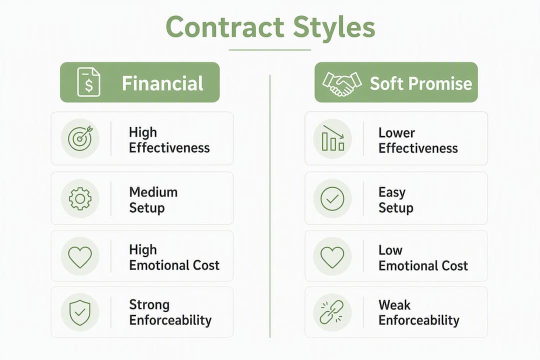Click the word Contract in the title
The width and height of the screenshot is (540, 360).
pos(225,27)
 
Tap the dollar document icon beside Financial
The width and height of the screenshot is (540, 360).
pos(89,82)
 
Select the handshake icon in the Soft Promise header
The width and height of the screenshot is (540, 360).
pos(342,83)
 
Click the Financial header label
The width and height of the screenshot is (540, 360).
pos(162,83)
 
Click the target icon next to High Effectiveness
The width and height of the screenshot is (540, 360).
pos(80,138)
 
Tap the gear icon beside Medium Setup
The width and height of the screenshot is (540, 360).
pos(80,199)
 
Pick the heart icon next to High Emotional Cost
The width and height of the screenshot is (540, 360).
pos(80,257)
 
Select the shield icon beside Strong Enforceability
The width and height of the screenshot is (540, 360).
pos(80,312)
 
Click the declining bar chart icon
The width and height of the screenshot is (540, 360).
pos(332,138)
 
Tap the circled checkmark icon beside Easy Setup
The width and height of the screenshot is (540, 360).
pos(332,199)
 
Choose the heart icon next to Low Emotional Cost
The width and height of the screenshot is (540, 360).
pos(332,257)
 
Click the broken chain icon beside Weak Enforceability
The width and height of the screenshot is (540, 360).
pos(332,312)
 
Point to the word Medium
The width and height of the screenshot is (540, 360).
pos(153,192)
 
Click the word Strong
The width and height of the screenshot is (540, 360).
pos(149,305)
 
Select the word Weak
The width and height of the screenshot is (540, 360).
pos(394,305)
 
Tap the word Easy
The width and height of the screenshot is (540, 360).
pos(392,192)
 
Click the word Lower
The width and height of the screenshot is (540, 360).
pos(396,132)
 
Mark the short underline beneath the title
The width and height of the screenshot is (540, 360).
pos(270,50)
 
